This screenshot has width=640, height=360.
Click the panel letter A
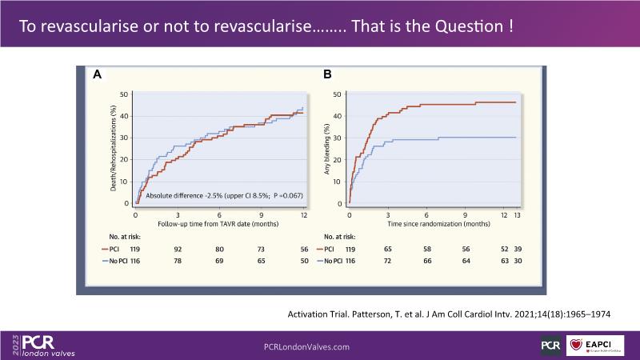click(x=97, y=74)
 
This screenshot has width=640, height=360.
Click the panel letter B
click(x=326, y=74)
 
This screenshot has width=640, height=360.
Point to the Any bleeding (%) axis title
click(x=326, y=150)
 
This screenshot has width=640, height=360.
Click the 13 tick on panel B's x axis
click(x=516, y=216)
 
